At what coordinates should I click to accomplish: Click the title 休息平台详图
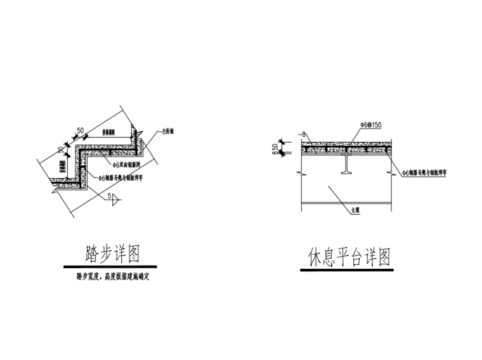pos(349,258)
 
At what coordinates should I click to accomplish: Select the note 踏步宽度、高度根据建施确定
pos(112,276)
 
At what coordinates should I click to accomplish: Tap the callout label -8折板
pos(168,132)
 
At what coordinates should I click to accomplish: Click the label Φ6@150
pos(371,126)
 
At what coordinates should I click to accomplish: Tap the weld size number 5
pos(109,196)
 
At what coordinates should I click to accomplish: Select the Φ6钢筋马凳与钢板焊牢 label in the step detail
pos(126,178)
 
